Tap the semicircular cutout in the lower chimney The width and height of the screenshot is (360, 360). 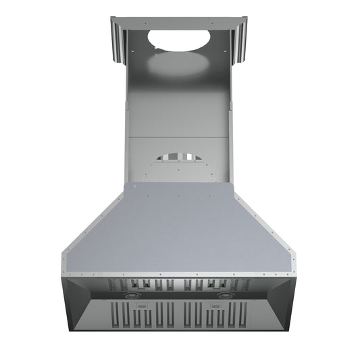(x=180, y=157)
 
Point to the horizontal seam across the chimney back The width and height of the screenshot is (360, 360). (x=180, y=138)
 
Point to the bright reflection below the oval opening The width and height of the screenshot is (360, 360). (x=180, y=65)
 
